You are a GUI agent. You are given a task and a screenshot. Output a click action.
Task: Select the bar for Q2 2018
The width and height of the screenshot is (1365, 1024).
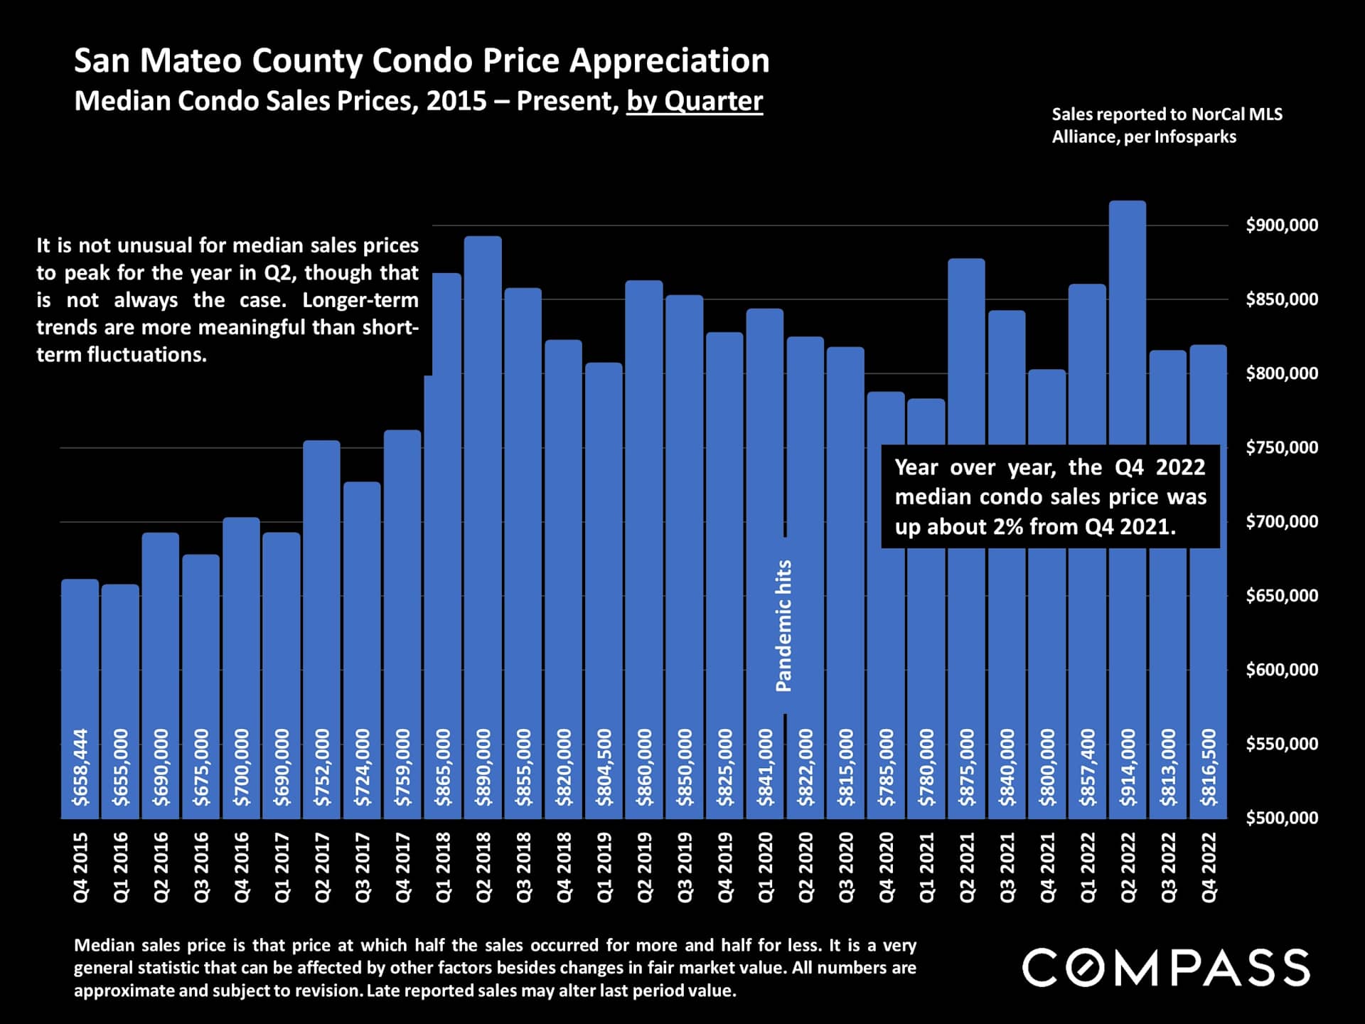483,498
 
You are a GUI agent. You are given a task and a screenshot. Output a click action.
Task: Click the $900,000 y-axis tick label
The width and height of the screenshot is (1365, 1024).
1282,225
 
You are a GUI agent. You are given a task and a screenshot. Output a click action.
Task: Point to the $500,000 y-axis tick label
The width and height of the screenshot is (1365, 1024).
1282,818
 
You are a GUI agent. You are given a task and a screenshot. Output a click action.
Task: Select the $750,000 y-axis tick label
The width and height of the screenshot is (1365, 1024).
1282,447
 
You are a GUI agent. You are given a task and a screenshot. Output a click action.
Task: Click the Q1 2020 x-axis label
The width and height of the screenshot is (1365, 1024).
765,868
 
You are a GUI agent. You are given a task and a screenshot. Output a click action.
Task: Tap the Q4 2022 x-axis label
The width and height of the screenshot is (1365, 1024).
1209,868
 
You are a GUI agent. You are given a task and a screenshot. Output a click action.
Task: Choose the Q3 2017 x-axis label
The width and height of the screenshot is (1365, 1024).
363,868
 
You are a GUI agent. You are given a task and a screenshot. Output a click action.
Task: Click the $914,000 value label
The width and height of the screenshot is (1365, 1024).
1128,767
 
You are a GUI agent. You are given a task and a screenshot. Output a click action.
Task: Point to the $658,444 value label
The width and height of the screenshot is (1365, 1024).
81,767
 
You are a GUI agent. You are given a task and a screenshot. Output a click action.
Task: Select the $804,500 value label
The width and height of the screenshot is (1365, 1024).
604,767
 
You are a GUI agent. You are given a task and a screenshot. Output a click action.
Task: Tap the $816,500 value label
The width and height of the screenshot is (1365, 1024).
1209,767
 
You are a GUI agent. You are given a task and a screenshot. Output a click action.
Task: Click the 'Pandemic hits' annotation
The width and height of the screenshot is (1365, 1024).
783,626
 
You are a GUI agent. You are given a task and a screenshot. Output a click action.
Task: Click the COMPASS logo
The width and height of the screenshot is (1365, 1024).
1166,968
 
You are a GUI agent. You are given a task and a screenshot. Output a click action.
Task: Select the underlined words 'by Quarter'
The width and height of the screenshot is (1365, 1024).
695,101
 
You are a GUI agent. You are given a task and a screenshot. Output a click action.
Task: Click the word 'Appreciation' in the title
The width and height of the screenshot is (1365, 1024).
669,60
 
